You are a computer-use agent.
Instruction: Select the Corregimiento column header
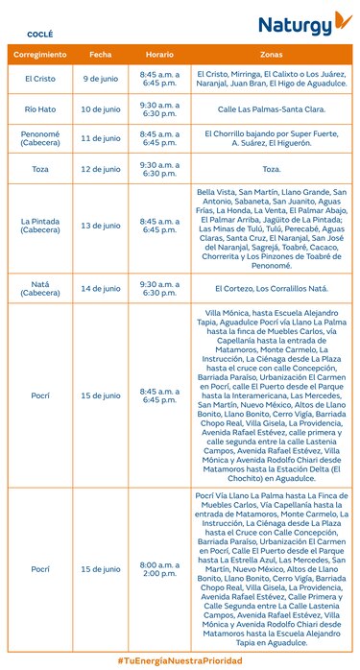point(39,55)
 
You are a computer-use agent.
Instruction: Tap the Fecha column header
point(101,55)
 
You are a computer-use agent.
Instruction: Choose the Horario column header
point(159,55)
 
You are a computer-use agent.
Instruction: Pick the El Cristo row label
point(39,78)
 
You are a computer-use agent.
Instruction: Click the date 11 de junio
point(101,138)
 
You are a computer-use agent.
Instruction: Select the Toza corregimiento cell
point(39,169)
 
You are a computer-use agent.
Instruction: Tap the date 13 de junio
point(101,226)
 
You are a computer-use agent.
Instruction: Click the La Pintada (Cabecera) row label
point(39,226)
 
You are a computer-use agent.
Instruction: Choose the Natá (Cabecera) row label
point(39,288)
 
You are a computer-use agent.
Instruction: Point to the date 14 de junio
point(101,288)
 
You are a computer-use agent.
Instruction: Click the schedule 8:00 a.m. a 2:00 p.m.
point(159,568)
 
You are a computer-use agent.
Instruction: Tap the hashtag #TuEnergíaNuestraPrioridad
point(180,659)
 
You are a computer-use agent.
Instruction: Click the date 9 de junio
point(101,78)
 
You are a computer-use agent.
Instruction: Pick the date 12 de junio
point(101,169)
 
